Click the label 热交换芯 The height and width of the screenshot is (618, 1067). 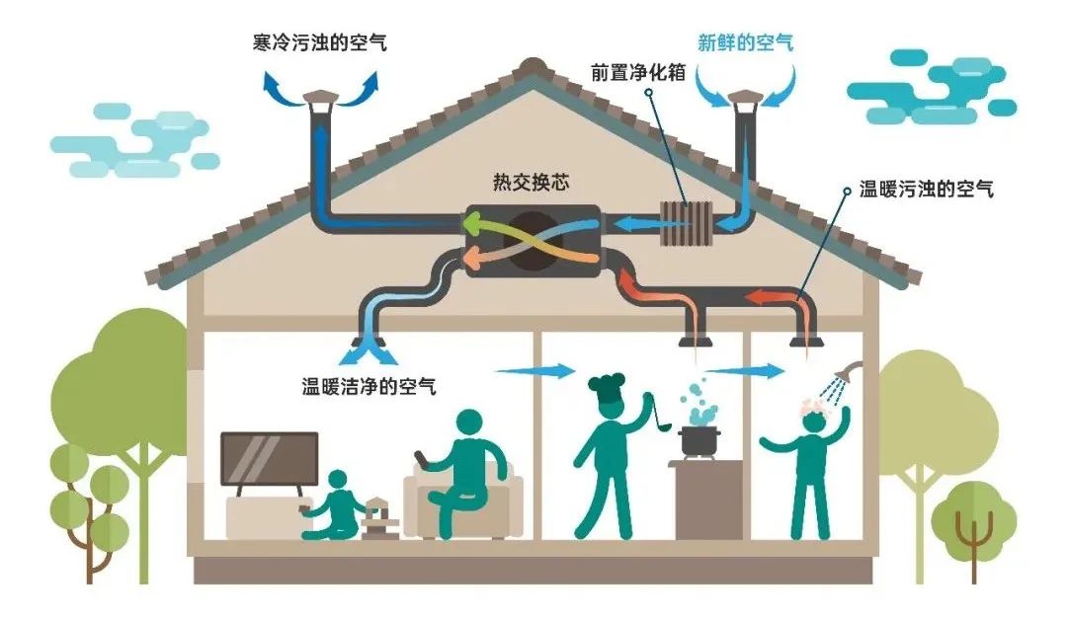tap(532, 183)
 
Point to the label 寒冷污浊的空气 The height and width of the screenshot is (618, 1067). tap(318, 42)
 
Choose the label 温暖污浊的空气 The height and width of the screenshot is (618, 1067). tap(926, 190)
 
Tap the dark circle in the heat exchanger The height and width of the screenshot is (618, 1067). tap(533, 242)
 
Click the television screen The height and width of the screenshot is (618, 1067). tap(269, 458)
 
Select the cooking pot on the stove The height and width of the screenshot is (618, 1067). tap(699, 440)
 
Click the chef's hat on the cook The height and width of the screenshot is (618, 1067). tap(605, 383)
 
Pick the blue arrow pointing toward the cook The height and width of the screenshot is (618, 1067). tap(533, 371)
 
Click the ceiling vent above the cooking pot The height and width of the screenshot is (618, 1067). tap(694, 343)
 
